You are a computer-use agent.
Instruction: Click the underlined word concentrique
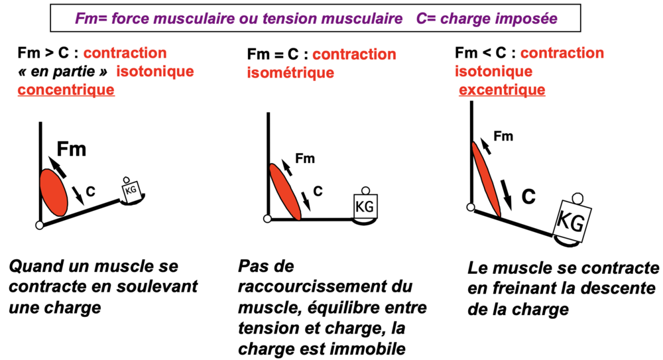tap(66, 90)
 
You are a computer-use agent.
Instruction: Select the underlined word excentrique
tap(502, 90)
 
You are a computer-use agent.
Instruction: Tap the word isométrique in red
tap(290, 73)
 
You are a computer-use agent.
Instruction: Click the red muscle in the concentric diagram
tap(54, 192)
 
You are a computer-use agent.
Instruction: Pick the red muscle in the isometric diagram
tap(285, 192)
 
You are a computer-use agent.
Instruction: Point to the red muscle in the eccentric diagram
tap(486, 180)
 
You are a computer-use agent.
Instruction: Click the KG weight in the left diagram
tap(132, 191)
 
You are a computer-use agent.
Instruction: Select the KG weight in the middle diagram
tap(365, 206)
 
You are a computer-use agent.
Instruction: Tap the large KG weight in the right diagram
tap(572, 220)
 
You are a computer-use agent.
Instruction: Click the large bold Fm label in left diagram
tap(72, 149)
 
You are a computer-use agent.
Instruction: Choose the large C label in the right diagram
tap(528, 197)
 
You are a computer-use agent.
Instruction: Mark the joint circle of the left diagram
tap(40, 225)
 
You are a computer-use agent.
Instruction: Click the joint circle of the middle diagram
tap(267, 219)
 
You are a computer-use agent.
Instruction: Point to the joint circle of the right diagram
tap(471, 208)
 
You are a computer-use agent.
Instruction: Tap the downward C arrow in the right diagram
tap(506, 195)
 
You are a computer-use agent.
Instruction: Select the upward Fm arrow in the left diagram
tap(57, 167)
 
